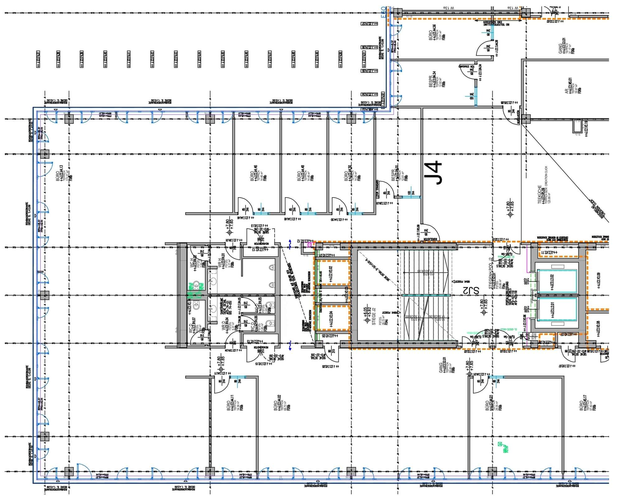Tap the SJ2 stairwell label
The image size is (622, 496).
471,291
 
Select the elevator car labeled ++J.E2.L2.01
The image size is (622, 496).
557,309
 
